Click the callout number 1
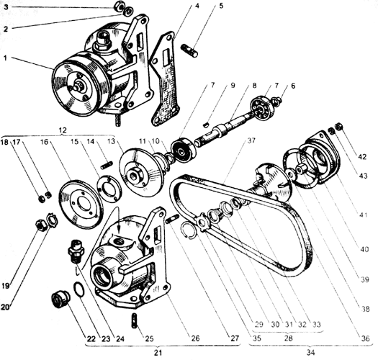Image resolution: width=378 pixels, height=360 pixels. click(6, 58)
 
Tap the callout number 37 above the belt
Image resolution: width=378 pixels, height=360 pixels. click(251, 140)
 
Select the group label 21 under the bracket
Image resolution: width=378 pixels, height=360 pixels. click(158, 353)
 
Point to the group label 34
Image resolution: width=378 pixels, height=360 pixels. click(311, 353)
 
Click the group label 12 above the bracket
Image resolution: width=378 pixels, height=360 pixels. click(63, 130)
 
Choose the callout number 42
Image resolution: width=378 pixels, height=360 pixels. click(362, 157)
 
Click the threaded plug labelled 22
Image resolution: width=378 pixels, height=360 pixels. click(60, 299)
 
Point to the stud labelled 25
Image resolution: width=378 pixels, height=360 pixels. click(135, 320)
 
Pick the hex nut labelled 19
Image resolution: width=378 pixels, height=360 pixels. click(40, 225)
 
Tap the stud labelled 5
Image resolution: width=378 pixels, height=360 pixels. click(189, 50)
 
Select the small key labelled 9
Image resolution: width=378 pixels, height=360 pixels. click(206, 125)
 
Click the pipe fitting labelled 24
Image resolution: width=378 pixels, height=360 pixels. click(75, 251)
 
